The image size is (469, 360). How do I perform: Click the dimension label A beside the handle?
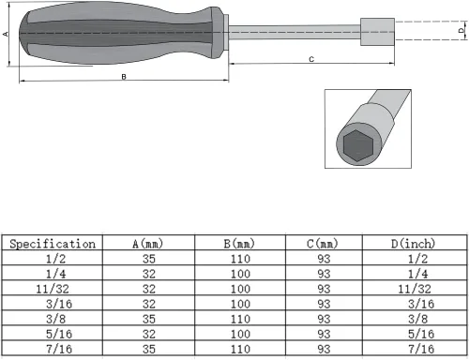[6, 34]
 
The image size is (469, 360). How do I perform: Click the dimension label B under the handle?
[124, 77]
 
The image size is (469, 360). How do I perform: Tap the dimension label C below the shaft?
[311, 59]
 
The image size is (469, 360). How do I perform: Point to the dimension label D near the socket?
[461, 30]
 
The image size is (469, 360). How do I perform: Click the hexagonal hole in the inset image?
[356, 144]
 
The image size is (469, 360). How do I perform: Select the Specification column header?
[53, 244]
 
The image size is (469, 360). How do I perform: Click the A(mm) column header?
[149, 244]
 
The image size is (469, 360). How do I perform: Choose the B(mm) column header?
[239, 244]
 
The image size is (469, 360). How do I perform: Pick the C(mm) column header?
[324, 244]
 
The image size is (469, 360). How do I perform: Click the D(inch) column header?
[413, 244]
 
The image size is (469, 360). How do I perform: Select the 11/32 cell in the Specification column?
[53, 289]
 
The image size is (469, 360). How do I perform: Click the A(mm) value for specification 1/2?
[149, 259]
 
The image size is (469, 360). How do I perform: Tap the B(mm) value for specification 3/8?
[239, 319]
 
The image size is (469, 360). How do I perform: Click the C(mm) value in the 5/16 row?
[324, 334]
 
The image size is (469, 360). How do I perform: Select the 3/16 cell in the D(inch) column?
[418, 304]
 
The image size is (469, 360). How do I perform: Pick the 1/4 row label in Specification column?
[53, 274]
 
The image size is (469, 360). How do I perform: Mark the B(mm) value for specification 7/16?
[239, 349]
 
